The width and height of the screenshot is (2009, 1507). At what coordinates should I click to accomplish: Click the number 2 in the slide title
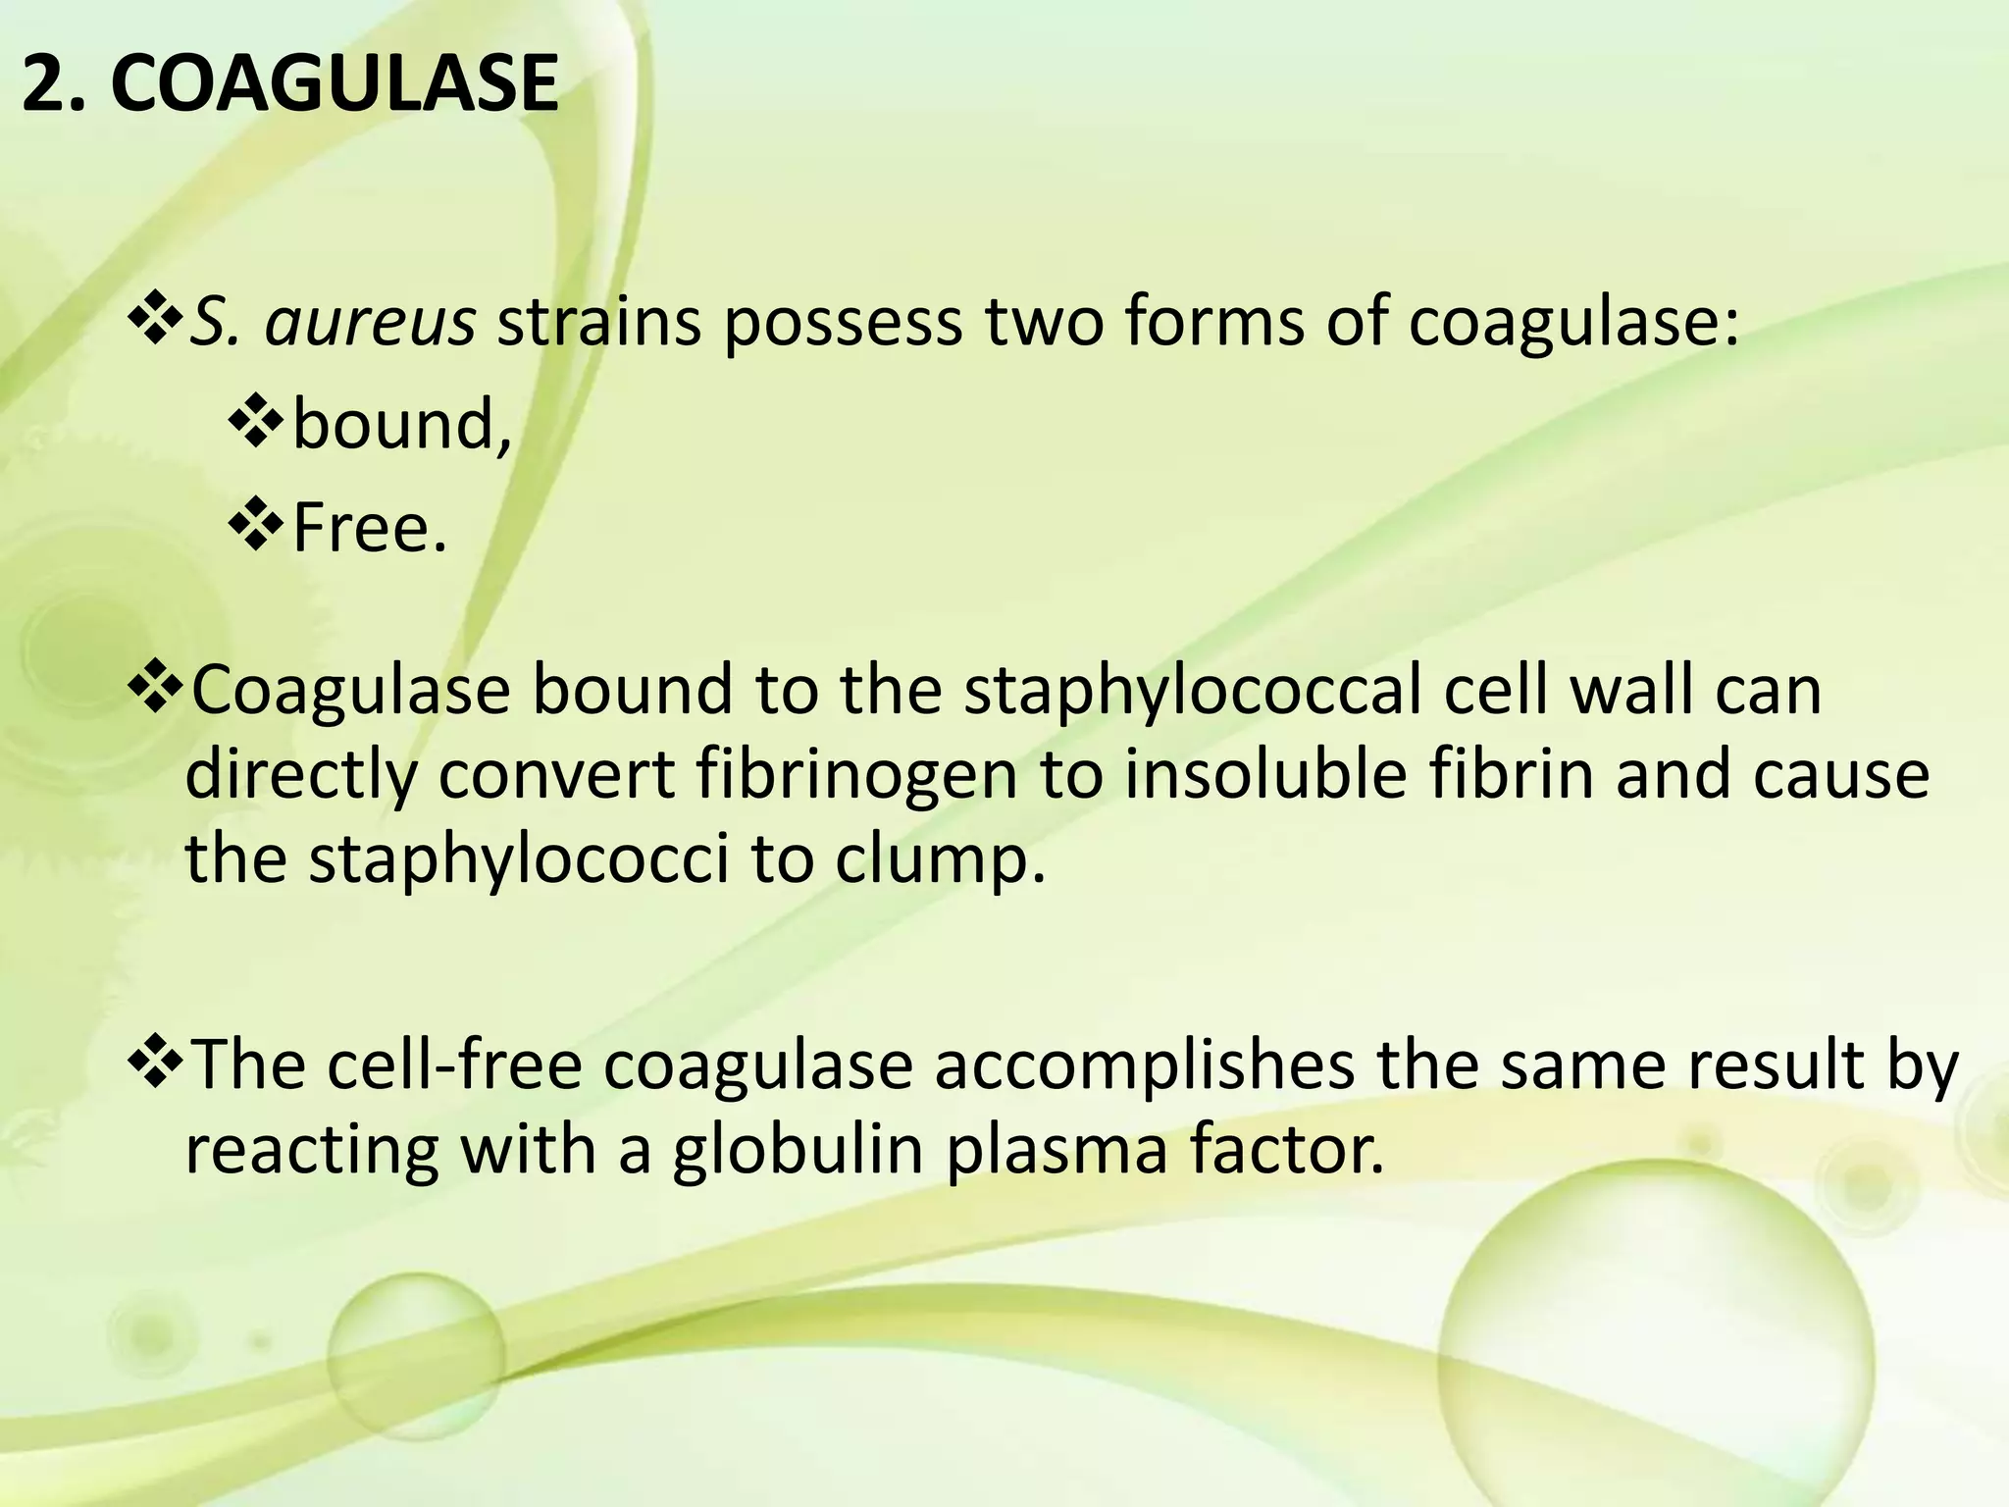(x=42, y=84)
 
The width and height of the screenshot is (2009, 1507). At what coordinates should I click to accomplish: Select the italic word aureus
(x=370, y=322)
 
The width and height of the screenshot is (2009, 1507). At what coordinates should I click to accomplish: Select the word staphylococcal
(x=1192, y=690)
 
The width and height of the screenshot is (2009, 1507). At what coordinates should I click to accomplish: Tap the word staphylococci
(x=519, y=858)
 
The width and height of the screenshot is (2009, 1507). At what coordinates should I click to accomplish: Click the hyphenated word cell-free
(x=454, y=1066)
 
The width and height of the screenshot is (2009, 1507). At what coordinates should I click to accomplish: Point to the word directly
(x=301, y=774)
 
